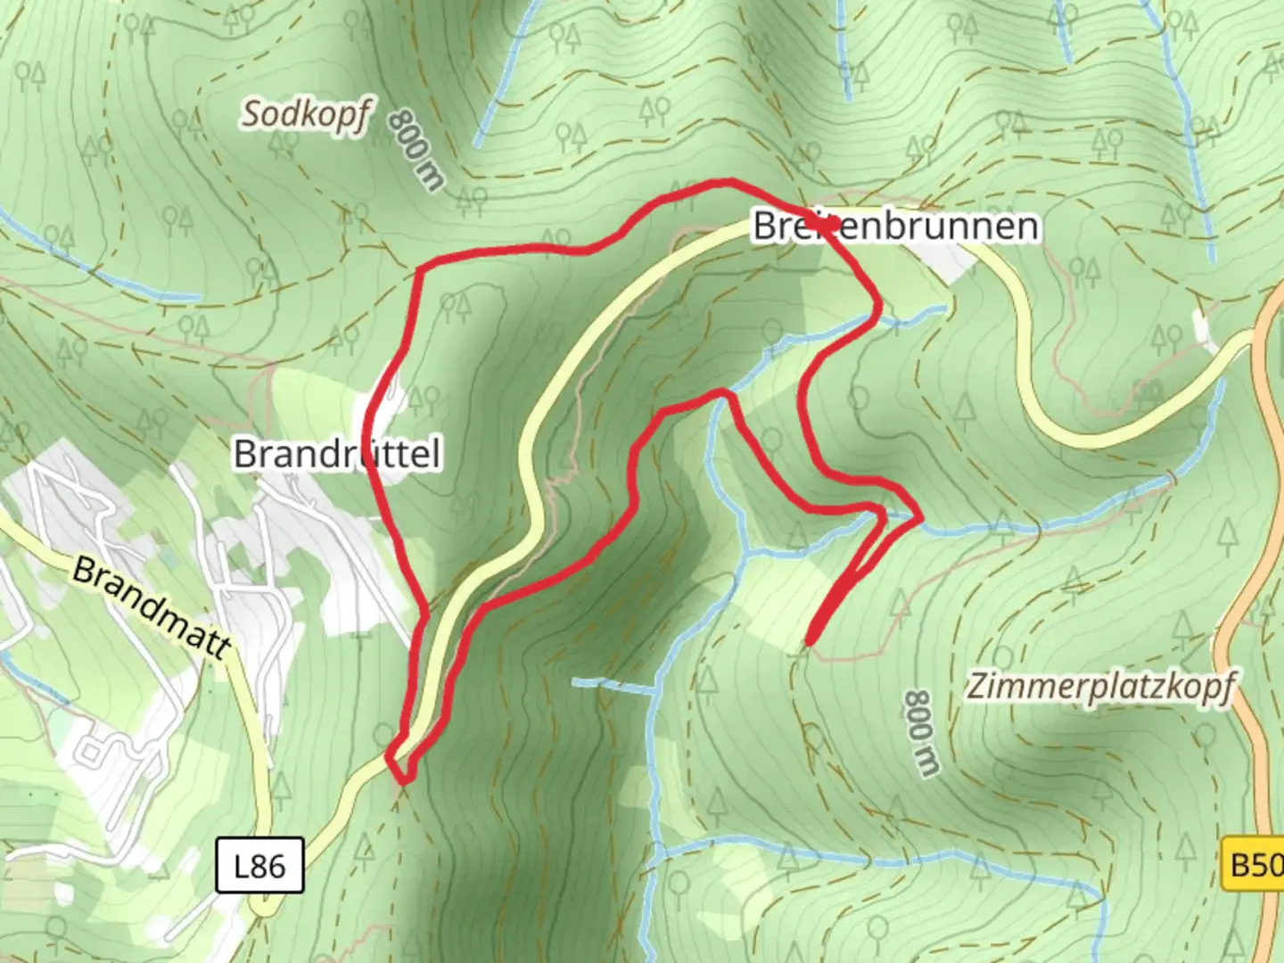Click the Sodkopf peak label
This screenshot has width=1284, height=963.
pos(304,115)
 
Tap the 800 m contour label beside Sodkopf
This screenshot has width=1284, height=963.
pos(416,150)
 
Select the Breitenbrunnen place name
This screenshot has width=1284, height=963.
pos(895,226)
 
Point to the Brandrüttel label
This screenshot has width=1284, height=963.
pos(337,454)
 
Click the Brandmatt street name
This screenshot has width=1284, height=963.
pos(152,607)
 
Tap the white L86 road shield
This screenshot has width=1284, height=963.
pos(259,865)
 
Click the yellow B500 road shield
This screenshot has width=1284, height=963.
pos(1253,864)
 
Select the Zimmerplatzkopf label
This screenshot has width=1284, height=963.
pos(1101,687)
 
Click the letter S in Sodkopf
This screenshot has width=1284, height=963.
pos(253,113)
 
